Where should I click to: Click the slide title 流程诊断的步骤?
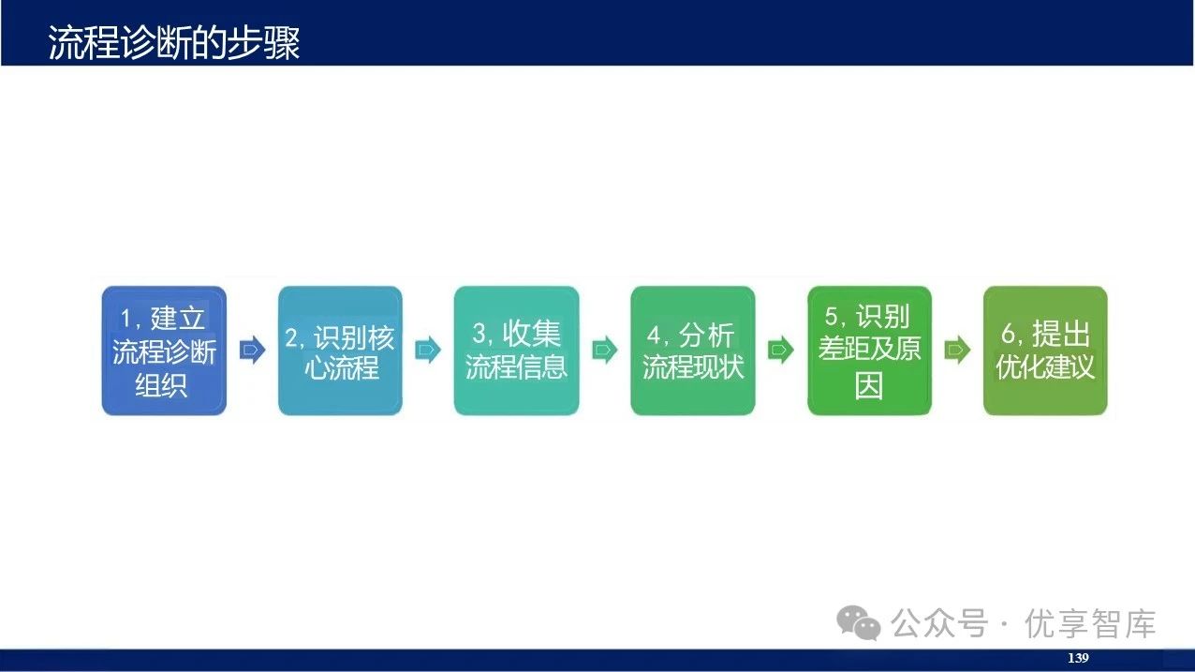174,43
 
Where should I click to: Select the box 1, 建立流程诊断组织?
164,351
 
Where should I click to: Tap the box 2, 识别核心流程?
340,351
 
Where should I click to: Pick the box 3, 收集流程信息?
516,351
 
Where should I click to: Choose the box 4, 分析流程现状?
692,351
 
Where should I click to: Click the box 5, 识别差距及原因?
869,351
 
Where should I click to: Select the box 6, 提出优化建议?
1045,351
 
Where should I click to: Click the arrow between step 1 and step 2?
252,351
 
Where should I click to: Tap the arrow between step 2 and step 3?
428,351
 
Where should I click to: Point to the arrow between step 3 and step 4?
604,351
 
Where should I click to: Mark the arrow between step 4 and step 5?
780,351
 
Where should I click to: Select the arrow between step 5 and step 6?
957,351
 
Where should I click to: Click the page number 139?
1078,658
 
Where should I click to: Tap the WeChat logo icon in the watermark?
859,622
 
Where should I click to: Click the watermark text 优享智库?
1090,623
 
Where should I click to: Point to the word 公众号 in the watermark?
938,623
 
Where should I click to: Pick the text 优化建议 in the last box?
1045,366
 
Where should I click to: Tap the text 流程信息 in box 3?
516,366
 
